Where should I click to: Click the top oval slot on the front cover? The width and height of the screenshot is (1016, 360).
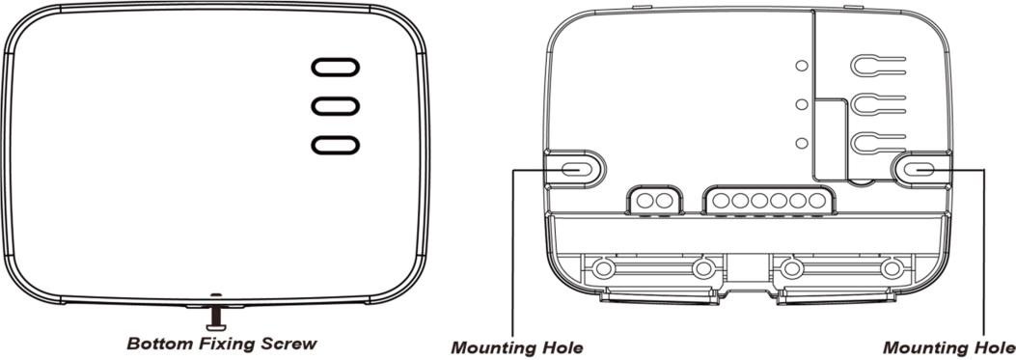point(335,68)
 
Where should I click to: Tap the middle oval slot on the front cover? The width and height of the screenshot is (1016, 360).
point(335,106)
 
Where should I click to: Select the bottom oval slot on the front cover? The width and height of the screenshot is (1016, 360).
point(335,145)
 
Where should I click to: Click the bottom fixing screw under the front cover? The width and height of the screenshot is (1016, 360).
point(215,318)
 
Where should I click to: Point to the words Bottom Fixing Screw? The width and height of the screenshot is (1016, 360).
point(222,344)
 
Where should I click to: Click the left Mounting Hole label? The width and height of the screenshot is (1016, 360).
point(517,347)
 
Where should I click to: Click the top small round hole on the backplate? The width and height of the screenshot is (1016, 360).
point(802,66)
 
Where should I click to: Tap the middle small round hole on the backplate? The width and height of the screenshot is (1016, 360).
point(802,104)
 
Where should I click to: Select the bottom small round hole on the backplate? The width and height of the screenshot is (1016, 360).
point(802,143)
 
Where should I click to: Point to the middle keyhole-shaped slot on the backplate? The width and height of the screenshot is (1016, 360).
point(877,105)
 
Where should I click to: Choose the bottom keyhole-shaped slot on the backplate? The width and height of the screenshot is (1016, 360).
point(877,144)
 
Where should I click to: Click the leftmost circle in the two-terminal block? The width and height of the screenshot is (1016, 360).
point(645,201)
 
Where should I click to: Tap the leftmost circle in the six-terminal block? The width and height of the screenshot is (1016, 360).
point(721,201)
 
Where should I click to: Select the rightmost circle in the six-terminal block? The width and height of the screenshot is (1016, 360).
point(817,201)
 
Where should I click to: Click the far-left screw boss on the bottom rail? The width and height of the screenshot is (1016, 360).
point(603,268)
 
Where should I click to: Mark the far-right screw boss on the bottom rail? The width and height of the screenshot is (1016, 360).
point(892,268)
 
